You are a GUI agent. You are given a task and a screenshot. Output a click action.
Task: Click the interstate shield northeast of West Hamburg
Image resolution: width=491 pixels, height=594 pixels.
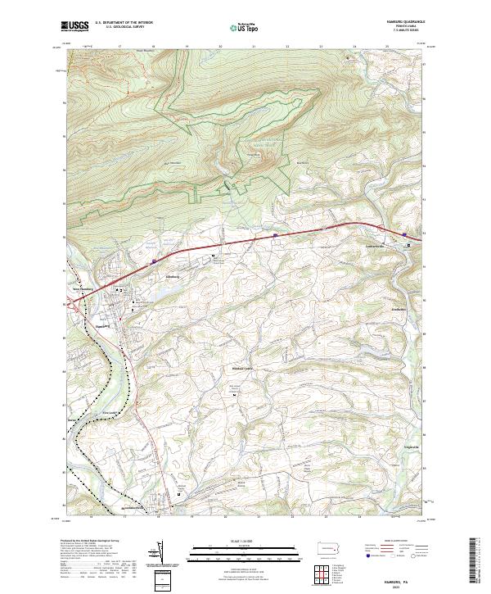pyautogui.click(x=154, y=262)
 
